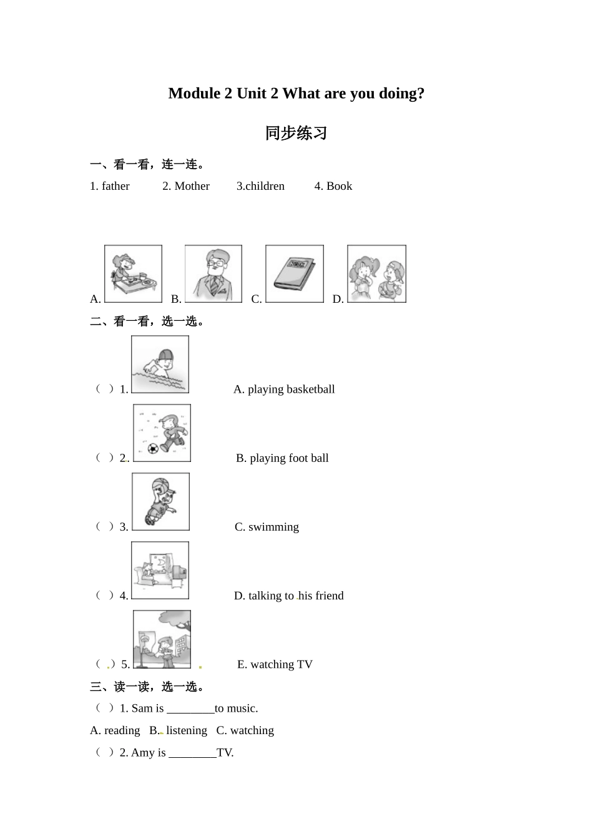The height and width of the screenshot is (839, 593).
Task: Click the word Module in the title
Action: (x=194, y=94)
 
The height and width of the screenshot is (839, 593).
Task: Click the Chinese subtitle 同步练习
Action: (x=296, y=133)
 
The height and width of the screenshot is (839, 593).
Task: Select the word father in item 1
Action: (x=115, y=186)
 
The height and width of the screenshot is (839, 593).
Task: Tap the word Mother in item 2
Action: (x=192, y=186)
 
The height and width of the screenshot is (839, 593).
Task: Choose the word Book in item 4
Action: (x=339, y=186)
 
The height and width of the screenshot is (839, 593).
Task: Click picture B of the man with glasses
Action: (x=213, y=274)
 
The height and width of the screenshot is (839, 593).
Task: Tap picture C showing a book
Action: (x=295, y=274)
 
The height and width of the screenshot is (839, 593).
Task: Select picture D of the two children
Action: (x=376, y=274)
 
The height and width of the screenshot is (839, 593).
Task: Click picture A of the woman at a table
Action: (x=133, y=274)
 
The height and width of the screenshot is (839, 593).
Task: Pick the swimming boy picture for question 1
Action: (x=160, y=365)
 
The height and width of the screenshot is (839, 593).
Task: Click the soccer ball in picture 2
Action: (x=153, y=448)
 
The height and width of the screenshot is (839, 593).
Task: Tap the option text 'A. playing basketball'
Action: (x=284, y=390)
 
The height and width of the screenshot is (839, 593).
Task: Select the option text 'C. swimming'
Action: (x=267, y=527)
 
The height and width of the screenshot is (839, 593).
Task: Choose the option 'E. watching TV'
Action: (x=275, y=664)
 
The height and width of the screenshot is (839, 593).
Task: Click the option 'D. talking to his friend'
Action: (x=288, y=596)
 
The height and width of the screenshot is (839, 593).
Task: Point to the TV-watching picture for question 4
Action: (x=160, y=571)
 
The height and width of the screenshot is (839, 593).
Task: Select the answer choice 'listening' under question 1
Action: (x=187, y=730)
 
